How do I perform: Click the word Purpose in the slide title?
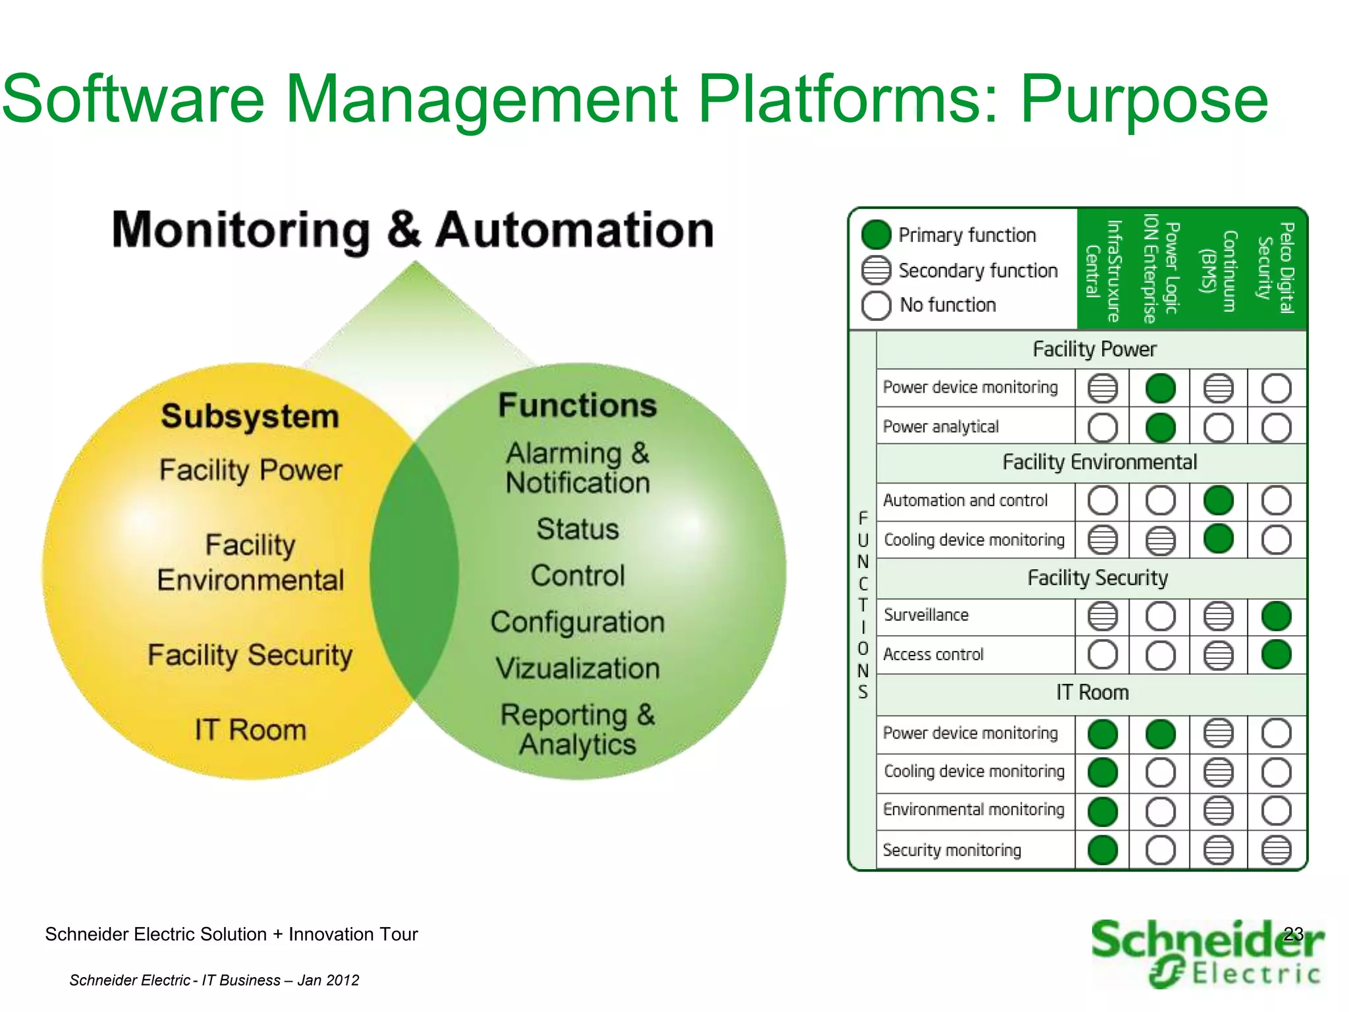1143,101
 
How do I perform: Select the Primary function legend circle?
876,235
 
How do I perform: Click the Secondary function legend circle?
876,270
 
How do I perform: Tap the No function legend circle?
876,305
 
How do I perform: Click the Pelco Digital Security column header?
1275,268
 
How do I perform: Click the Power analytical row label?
941,427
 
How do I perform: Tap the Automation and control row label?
965,501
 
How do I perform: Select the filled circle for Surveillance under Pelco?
1276,617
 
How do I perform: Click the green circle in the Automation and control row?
1218,501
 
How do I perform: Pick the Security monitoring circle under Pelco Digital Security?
1276,851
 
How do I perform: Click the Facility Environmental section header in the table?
1099,463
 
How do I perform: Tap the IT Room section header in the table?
1092,692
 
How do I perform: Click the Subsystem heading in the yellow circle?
250,416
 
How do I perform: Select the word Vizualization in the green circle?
578,669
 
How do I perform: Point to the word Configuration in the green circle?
578,623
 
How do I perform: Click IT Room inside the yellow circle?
250,730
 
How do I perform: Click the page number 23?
1293,934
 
